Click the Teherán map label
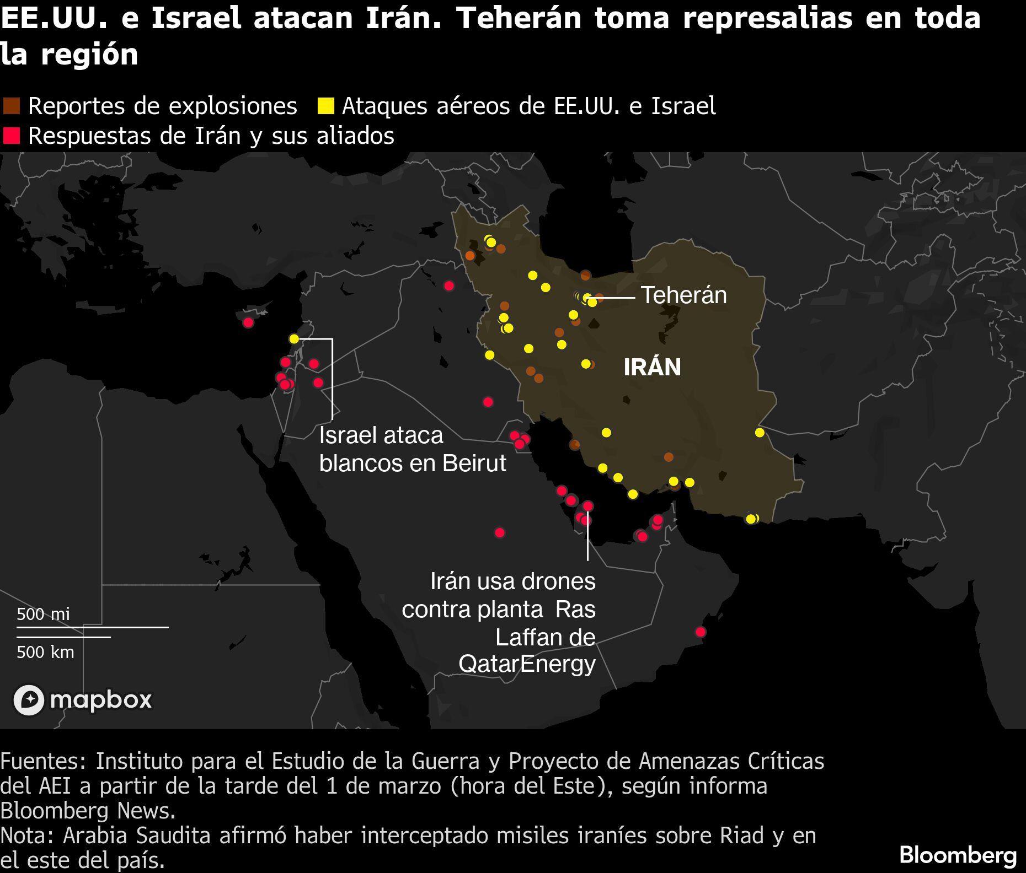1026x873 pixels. [x=683, y=295]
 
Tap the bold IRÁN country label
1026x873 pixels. [x=652, y=367]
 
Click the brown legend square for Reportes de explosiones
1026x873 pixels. [x=11, y=105]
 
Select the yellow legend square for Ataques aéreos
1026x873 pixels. [x=325, y=105]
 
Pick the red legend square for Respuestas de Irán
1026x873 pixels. [x=11, y=136]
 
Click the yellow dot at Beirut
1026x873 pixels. [x=294, y=338]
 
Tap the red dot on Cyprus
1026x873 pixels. [x=248, y=322]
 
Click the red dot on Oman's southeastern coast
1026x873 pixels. [x=700, y=632]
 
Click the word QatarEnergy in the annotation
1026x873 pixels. [x=527, y=664]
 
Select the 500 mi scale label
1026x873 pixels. [x=43, y=614]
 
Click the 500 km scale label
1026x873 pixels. [x=45, y=652]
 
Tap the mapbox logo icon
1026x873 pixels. [x=29, y=700]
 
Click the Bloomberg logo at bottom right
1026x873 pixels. [x=958, y=855]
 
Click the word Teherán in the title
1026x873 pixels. [x=519, y=18]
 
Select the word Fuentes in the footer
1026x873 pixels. [x=43, y=761]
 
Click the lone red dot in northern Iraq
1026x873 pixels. [x=449, y=285]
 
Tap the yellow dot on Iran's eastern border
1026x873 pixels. [x=760, y=433]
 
